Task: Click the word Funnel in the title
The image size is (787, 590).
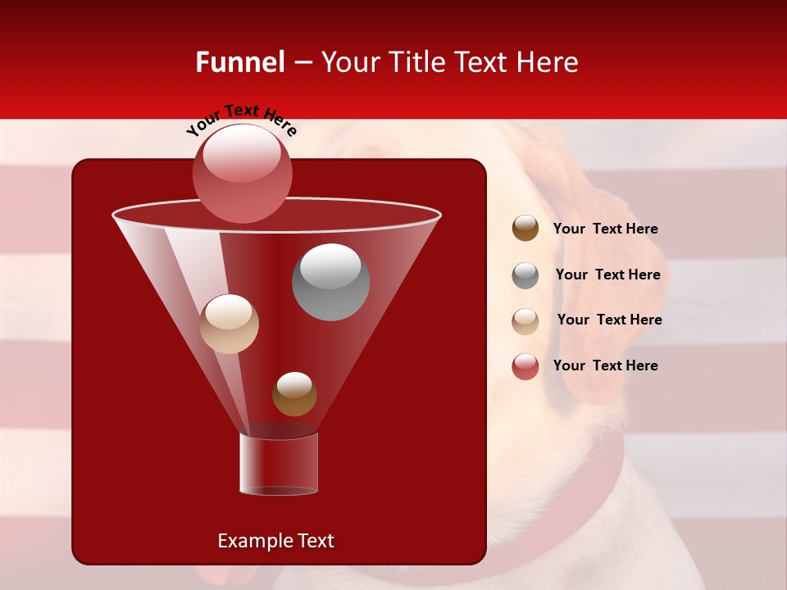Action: (x=239, y=62)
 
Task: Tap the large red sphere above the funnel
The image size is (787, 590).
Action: (x=242, y=174)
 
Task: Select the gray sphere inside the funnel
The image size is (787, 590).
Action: (x=330, y=282)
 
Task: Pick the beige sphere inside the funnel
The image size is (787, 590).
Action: (x=229, y=324)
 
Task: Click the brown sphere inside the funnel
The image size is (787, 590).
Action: (x=294, y=393)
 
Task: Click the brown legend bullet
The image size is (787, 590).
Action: (x=525, y=229)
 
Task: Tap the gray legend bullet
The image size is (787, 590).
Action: (x=525, y=275)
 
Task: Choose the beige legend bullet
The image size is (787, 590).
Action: (x=525, y=320)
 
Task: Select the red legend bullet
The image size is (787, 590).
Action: (x=525, y=366)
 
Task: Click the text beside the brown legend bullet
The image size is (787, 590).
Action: (x=605, y=229)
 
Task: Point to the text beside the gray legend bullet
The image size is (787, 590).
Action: (x=607, y=275)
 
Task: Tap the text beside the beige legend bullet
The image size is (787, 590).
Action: (x=609, y=320)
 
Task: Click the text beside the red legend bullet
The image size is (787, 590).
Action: (x=605, y=365)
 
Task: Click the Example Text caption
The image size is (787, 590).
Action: (x=275, y=541)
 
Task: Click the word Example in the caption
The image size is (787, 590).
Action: (x=249, y=541)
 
